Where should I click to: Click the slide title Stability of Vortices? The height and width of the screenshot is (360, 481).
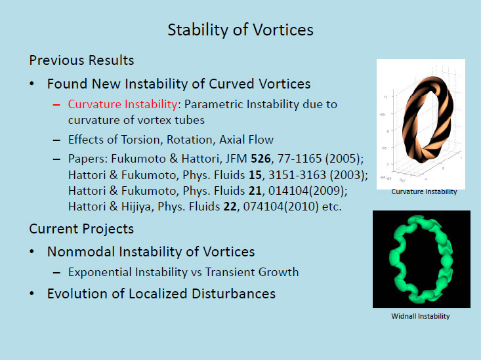[240, 30]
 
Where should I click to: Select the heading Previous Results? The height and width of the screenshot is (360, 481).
[81, 60]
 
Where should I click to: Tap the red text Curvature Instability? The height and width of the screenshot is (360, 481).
[123, 104]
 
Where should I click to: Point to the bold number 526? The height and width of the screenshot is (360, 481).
[261, 159]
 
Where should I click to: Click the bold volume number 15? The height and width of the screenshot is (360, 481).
[255, 175]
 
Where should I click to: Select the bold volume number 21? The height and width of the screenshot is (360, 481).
[255, 191]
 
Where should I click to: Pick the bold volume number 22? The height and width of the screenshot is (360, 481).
[230, 207]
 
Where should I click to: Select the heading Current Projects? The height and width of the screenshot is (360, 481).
[81, 229]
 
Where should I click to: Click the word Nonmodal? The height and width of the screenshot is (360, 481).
[81, 252]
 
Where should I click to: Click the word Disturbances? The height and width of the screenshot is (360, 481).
[234, 294]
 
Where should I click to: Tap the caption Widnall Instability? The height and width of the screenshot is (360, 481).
[421, 316]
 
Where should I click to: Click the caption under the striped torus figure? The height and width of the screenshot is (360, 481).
[424, 191]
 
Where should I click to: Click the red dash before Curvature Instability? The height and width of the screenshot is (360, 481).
[56, 105]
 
